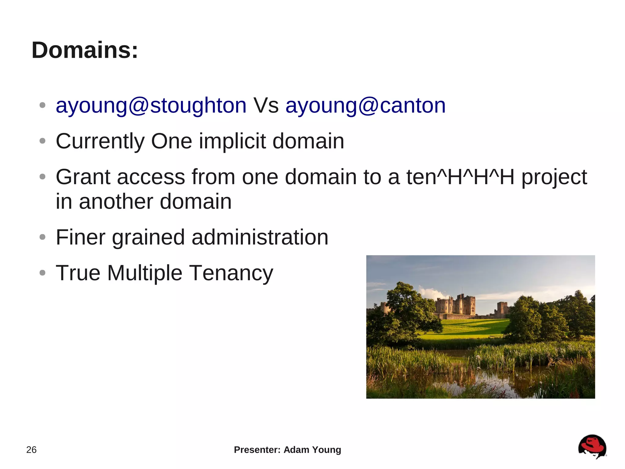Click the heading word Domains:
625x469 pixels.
coord(85,50)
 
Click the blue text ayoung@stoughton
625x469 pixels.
coord(151,106)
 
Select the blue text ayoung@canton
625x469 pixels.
coord(365,106)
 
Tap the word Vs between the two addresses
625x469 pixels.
coord(266,106)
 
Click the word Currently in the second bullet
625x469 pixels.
coord(100,141)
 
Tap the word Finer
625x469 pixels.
coord(81,237)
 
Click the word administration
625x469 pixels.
coord(260,237)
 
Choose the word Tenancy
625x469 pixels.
coord(231,273)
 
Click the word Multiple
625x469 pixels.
coord(145,273)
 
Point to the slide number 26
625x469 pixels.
coord(31,450)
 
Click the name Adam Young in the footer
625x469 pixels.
coord(312,450)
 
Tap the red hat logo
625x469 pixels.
coord(592,446)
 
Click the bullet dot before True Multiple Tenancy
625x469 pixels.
coord(42,273)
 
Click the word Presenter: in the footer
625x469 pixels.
coord(257,450)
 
